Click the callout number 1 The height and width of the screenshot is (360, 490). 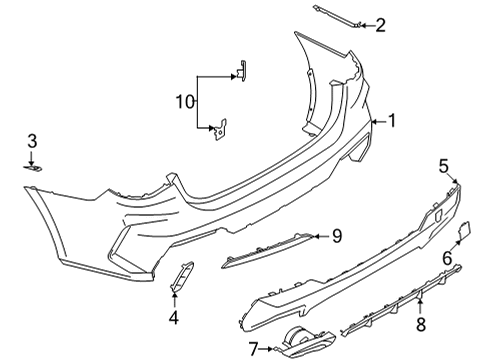click(x=392, y=121)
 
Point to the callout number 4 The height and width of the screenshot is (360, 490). click(x=173, y=318)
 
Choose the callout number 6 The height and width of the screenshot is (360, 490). click(x=446, y=257)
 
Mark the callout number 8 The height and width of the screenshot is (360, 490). click(x=420, y=323)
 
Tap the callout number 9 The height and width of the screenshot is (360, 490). click(x=337, y=236)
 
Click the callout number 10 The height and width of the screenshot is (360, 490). click(x=183, y=101)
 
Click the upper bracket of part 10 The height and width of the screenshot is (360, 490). click(x=240, y=70)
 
